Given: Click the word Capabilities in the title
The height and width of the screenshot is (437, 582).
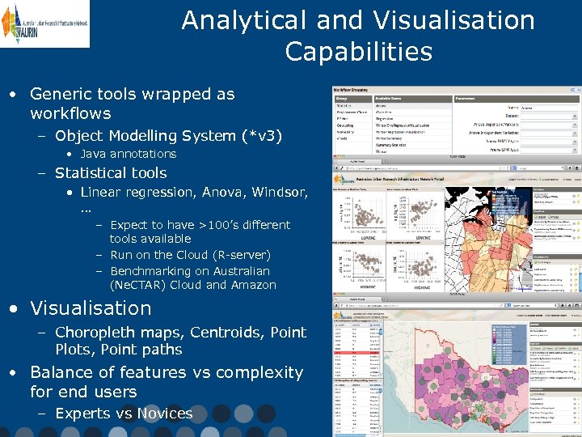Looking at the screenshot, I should pos(358,52).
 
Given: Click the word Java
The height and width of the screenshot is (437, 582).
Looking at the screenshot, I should pos(95,154).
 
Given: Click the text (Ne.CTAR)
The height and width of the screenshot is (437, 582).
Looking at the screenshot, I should pos(138,285).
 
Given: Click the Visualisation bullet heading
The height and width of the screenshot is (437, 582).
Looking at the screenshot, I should pos(91,308).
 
